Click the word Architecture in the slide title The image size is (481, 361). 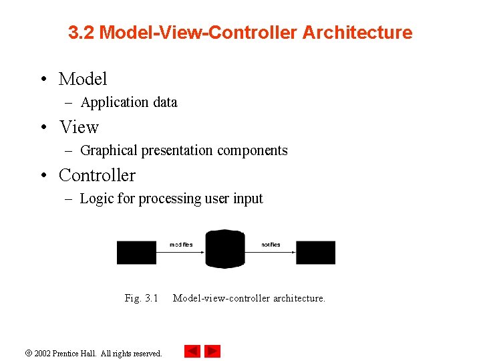pos(357,32)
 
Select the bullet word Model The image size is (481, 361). pos(83,79)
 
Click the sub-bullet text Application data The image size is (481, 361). pos(129,102)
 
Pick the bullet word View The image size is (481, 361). pos(79,127)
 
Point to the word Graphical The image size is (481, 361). pos(110,150)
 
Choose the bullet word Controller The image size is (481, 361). pos(97,175)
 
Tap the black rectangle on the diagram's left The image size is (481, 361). pos(136,253)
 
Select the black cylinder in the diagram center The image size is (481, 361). pos(225,249)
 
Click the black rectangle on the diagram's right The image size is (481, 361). pos(315,253)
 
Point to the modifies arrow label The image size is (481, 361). pos(181,245)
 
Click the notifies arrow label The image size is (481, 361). pos(271,245)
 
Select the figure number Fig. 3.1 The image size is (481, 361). pos(141,298)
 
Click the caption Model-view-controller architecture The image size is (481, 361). pos(249,298)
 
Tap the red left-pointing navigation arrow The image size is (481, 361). pos(192,351)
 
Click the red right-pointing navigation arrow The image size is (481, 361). pos(212,351)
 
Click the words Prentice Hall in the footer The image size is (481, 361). pos(75,353)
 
